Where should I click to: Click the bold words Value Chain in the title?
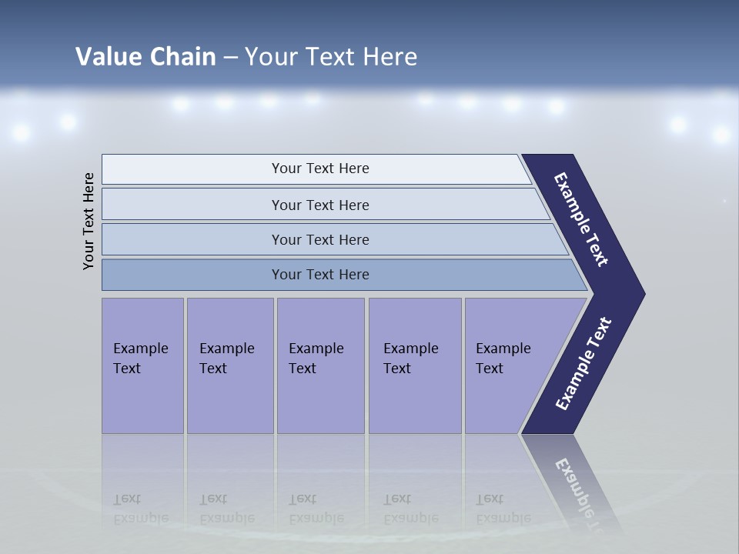coord(145,57)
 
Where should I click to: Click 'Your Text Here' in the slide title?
coord(331,57)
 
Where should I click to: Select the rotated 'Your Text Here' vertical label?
coord(89,221)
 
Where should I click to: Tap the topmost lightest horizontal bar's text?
coord(320,169)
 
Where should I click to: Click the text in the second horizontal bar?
coord(320,205)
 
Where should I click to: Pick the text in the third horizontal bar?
coord(320,240)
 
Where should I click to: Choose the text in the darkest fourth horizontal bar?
coord(320,275)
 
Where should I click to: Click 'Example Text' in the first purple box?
coord(140,359)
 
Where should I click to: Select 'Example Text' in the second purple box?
coord(226,359)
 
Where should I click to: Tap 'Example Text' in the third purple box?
coord(316,359)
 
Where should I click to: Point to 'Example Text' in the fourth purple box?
coord(410,359)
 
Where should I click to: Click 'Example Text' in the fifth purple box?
coord(503,359)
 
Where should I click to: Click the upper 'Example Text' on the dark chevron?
coord(581,219)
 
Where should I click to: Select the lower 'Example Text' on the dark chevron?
coord(584,363)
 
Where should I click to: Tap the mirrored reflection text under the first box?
coord(140,509)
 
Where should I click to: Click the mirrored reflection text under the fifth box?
coord(503,509)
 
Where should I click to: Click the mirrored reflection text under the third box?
coord(316,509)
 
